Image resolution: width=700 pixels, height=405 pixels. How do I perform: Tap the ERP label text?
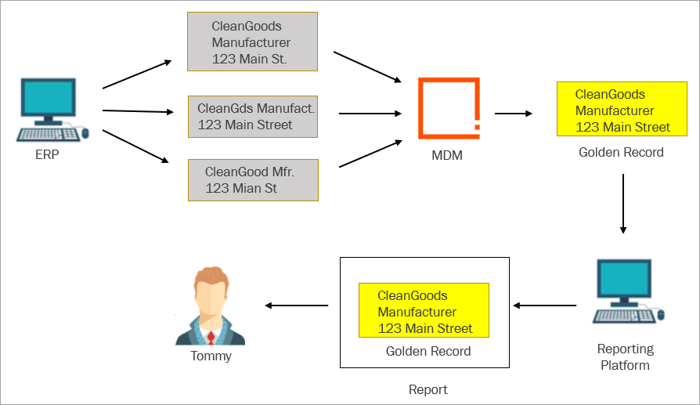(47, 155)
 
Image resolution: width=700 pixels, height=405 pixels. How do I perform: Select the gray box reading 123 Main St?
(252, 42)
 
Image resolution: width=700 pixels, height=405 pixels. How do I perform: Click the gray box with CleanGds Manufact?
(252, 117)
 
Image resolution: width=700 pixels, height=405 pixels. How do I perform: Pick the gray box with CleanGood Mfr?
(252, 179)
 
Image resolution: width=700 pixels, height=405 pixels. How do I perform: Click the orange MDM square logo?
(449, 108)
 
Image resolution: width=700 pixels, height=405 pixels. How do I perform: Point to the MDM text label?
(447, 155)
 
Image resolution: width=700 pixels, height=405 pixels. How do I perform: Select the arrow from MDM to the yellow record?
(513, 114)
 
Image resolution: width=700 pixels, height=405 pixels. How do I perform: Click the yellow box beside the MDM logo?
(614, 110)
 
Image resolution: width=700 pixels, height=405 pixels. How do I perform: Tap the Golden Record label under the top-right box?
(621, 152)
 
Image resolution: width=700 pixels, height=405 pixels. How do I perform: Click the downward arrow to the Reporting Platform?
(623, 203)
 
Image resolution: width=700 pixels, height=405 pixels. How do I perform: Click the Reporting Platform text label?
(625, 356)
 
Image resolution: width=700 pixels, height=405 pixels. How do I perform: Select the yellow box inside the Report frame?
(424, 311)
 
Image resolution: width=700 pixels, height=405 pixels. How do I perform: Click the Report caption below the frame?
(428, 389)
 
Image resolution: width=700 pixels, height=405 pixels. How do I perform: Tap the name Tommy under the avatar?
(211, 356)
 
